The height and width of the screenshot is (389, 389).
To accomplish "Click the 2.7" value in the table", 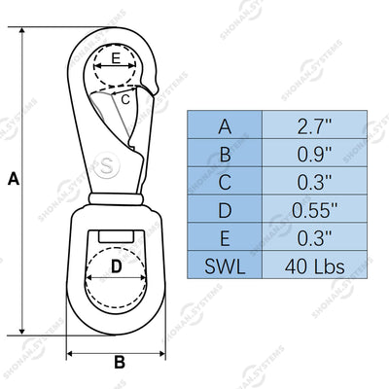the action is point(314,126).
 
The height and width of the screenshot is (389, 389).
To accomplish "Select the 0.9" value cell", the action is point(314,154).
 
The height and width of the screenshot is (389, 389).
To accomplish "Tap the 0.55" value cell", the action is point(314,210).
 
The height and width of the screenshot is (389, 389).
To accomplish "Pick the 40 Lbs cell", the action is point(314,266).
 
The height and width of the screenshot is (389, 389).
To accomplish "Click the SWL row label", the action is point(225,266).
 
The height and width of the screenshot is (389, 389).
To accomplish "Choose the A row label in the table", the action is point(225,126).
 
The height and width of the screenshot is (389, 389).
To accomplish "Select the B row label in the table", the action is point(225,154).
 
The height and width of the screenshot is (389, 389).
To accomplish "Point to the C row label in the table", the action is point(225,182).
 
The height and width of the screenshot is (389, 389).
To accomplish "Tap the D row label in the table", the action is point(225,210).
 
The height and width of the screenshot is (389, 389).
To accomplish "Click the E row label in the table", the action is point(225,238).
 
